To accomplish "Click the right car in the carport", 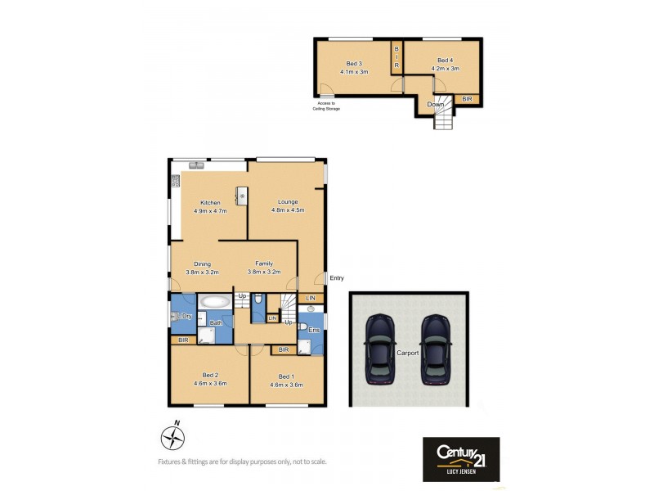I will click(x=435, y=349).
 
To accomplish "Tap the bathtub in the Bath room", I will click(x=215, y=301).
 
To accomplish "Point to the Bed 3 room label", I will click(x=354, y=63).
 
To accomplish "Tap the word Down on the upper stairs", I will click(x=436, y=104).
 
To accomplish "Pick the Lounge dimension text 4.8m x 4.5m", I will click(x=287, y=209).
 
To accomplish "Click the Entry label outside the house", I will click(x=336, y=278).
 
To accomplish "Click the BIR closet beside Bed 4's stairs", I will click(x=466, y=99).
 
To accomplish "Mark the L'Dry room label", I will click(x=184, y=316).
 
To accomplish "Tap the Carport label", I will click(x=407, y=353).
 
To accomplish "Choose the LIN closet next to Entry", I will click(x=310, y=298).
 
